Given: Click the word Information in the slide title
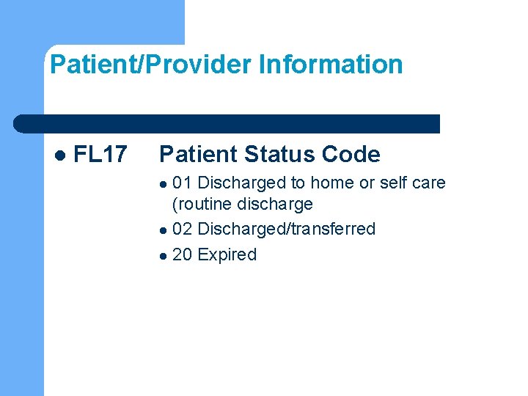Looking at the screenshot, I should pyautogui.click(x=331, y=65).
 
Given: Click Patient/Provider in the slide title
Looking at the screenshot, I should pyautogui.click(x=151, y=65).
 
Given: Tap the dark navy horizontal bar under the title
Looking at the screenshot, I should pyautogui.click(x=227, y=124).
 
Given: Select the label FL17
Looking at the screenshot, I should pyautogui.click(x=101, y=155).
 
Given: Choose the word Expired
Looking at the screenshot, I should pyautogui.click(x=227, y=254).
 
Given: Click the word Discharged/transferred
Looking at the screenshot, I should pyautogui.click(x=287, y=229).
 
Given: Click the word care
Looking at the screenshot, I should pyautogui.click(x=430, y=183).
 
